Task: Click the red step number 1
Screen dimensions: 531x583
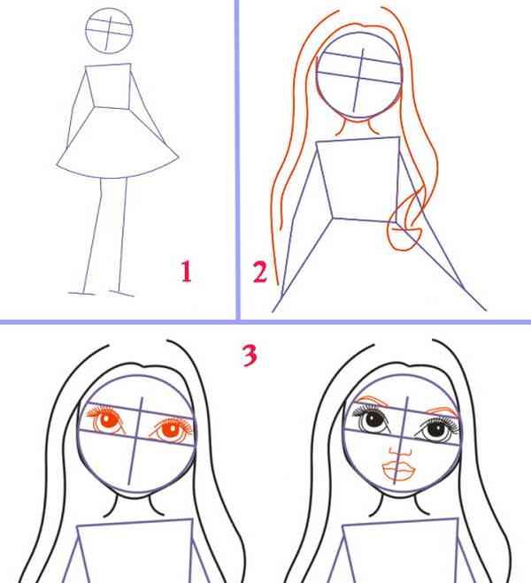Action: point(187,272)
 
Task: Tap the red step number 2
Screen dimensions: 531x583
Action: point(259,272)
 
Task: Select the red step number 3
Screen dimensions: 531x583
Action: point(250,355)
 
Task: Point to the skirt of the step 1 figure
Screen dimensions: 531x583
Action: point(118,177)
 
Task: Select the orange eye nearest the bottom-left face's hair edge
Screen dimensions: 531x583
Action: point(105,421)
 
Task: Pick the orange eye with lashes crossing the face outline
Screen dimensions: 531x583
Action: point(172,429)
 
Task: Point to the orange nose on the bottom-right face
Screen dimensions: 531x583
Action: point(401,452)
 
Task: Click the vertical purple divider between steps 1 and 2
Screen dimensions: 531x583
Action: point(237,160)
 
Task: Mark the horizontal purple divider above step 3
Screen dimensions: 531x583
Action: point(265,322)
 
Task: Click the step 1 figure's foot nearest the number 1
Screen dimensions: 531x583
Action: point(121,294)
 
